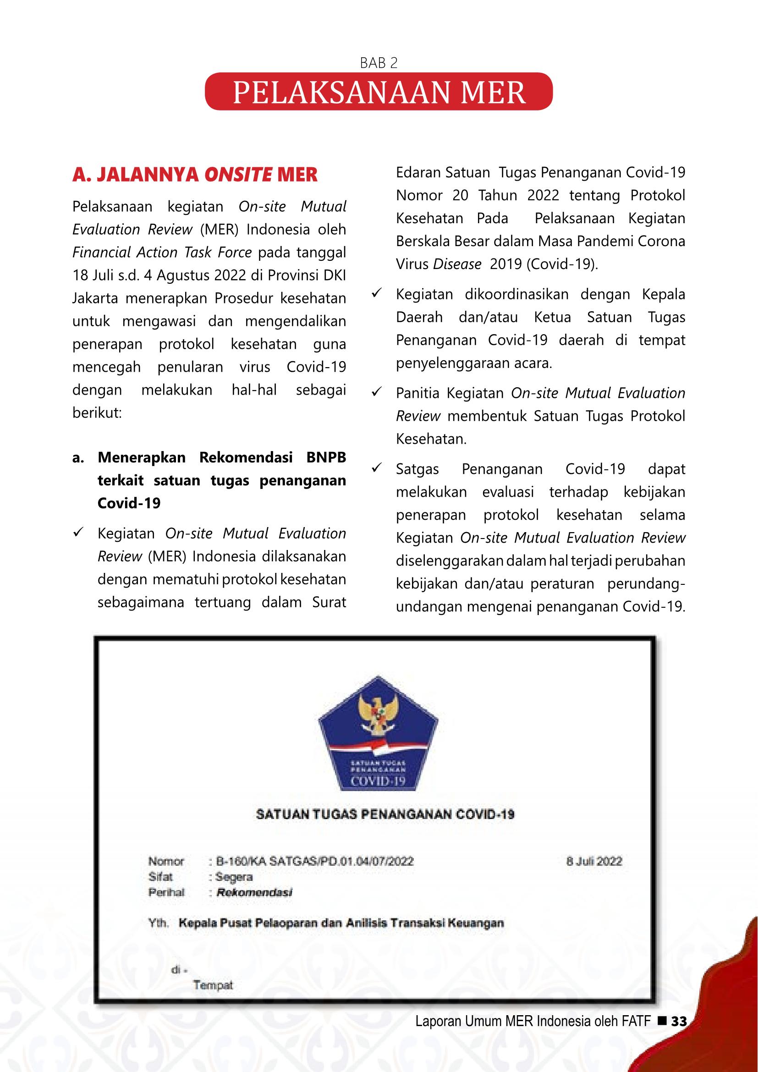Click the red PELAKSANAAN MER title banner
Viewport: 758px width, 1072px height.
click(x=379, y=92)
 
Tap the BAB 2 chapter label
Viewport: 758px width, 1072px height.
click(x=379, y=63)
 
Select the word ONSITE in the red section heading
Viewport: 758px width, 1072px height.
click(x=238, y=175)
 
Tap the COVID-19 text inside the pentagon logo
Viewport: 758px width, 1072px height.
click(x=378, y=781)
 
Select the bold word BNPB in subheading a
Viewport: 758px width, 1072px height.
click(x=326, y=457)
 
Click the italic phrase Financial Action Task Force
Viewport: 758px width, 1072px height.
click(x=162, y=253)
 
